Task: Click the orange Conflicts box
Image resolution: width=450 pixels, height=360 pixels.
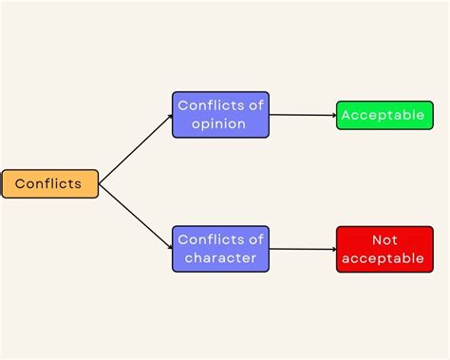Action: pos(49,183)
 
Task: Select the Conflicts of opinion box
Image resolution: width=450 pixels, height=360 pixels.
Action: pos(220,115)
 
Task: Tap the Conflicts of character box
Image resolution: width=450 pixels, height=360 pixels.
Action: pos(220,249)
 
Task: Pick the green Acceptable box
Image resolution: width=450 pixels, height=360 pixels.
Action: pos(384,115)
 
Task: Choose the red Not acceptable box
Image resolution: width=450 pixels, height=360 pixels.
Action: pos(384,249)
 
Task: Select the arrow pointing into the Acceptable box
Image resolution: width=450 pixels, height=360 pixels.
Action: pos(303,115)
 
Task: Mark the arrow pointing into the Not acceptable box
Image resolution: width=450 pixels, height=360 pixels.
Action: pos(303,249)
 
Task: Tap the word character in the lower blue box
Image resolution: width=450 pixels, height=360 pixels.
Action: pos(220,258)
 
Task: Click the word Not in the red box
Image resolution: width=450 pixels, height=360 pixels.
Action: pos(384,239)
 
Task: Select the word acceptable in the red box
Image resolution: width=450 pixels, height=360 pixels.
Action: pos(384,258)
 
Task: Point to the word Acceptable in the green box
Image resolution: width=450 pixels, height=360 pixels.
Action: pos(384,115)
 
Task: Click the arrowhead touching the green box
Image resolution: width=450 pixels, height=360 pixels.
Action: pos(333,115)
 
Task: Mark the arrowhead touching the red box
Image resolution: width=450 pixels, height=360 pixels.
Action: pos(333,249)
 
